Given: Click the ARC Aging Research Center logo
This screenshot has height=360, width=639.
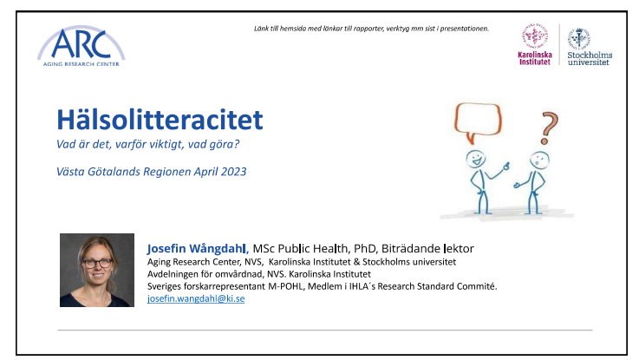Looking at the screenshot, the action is [82, 46].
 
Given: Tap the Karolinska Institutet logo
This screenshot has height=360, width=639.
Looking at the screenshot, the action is [535, 44].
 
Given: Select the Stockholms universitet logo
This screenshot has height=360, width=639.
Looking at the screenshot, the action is [590, 46].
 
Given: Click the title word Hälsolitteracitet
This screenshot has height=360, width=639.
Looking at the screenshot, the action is [160, 120].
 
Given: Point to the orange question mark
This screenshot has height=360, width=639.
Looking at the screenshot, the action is [548, 128].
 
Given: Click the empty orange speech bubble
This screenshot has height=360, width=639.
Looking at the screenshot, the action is [478, 121].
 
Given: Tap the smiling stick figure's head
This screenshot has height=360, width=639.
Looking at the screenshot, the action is [476, 158].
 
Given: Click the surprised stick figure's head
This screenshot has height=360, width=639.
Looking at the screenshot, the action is [539, 160].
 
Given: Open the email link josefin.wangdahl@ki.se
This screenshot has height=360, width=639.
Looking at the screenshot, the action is [196, 298].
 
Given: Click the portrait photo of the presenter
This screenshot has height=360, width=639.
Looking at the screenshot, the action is [97, 270].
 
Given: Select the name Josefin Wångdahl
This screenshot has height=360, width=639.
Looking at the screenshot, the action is [198, 249].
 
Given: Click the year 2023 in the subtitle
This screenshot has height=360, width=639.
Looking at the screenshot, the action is [233, 172].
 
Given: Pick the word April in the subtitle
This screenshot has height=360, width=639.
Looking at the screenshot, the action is [205, 172].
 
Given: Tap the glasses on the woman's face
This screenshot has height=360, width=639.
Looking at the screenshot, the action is [97, 263].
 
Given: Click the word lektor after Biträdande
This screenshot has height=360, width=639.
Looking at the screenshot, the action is [459, 249].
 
